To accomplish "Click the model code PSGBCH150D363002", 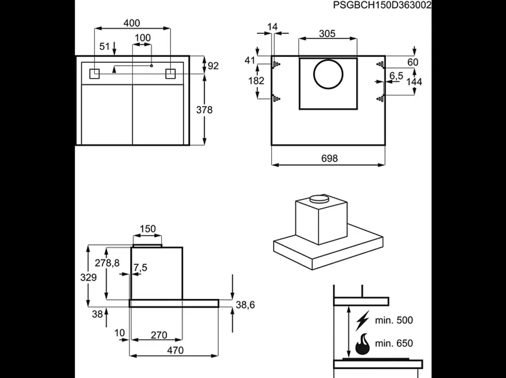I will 382,5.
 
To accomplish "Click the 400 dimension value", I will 132,23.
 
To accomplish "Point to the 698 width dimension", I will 329,158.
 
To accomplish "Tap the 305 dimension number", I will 327,34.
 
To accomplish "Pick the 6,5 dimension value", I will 396,76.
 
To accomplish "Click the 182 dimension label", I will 256,81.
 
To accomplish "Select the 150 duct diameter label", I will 147,229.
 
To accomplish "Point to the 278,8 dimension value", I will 107,263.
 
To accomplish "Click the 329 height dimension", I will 88,278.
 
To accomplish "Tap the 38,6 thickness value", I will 245,305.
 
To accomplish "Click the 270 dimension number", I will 158,336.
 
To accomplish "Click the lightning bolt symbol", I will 363,320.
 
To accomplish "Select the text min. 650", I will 393,343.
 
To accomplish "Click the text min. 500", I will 393,320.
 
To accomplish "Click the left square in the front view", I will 94,73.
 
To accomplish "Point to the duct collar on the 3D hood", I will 319,199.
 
